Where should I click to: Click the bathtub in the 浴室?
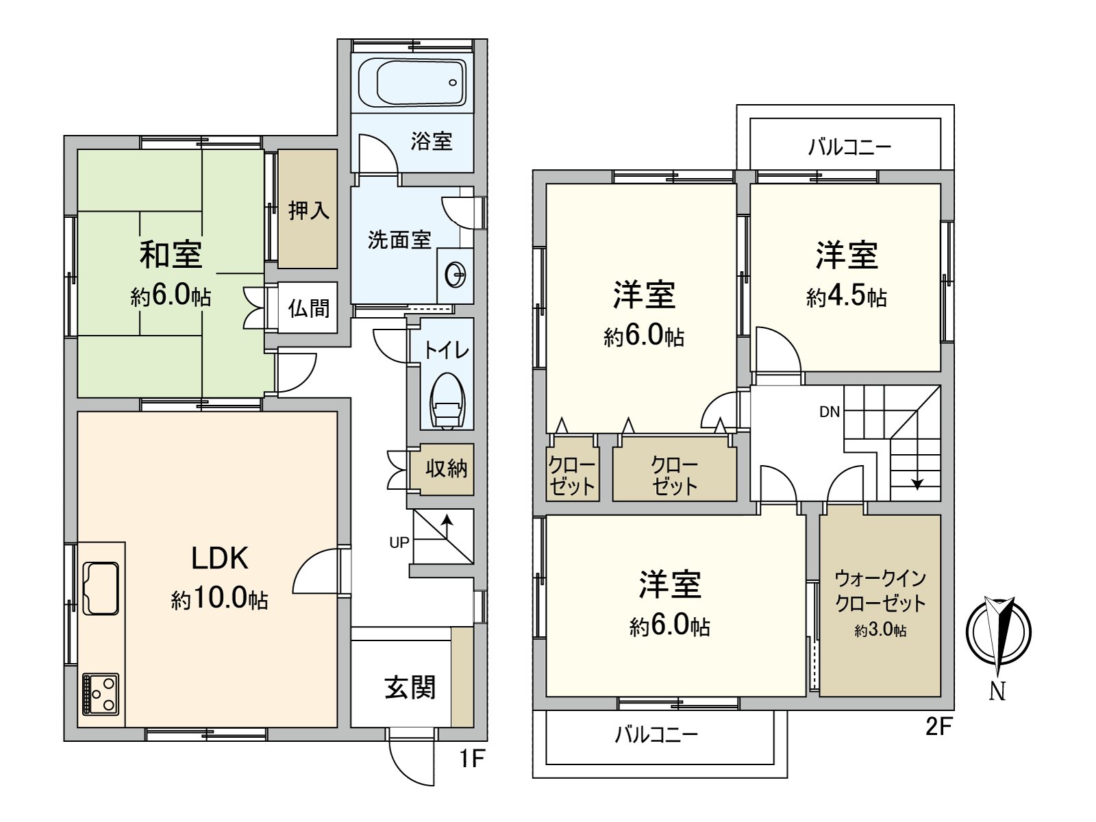(x=412, y=82)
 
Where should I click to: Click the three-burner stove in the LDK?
(x=101, y=695)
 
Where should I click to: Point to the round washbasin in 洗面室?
(x=456, y=276)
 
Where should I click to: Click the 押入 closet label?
(x=309, y=210)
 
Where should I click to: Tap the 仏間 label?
(x=308, y=308)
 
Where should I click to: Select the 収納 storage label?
(x=446, y=469)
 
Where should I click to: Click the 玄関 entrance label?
(x=410, y=687)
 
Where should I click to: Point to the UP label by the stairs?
(x=399, y=543)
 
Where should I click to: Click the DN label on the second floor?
(x=830, y=412)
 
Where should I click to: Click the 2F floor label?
(x=938, y=726)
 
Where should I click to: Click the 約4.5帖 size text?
(x=847, y=297)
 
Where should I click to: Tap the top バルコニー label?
(x=849, y=147)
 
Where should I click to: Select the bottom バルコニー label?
(x=656, y=735)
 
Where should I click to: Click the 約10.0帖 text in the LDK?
(x=219, y=599)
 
